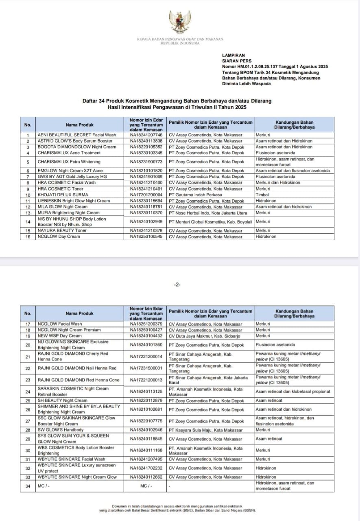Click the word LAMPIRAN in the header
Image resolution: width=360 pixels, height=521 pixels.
pyautogui.click(x=233, y=55)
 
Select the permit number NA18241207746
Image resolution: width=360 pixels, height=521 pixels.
pyautogui.click(x=146, y=135)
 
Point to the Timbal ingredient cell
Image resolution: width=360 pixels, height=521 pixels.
pyautogui.click(x=262, y=195)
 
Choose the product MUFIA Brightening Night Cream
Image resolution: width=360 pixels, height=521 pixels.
pyautogui.click(x=68, y=212)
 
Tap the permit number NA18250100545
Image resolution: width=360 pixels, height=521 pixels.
pyautogui.click(x=146, y=236)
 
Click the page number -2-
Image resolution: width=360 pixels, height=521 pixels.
pyautogui.click(x=177, y=285)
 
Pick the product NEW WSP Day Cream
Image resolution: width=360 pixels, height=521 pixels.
pyautogui.click(x=59, y=336)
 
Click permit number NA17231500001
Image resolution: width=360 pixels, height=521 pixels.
pyautogui.click(x=146, y=368)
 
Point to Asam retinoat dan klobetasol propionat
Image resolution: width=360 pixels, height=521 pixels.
pyautogui.click(x=293, y=392)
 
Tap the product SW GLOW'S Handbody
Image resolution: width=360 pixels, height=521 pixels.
pyautogui.click(x=61, y=430)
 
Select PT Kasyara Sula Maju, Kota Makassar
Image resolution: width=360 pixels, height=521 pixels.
pyautogui.click(x=205, y=430)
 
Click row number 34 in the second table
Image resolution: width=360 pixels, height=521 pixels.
pyautogui.click(x=28, y=486)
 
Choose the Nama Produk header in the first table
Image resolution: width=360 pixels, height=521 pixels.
pyautogui.click(x=80, y=125)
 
